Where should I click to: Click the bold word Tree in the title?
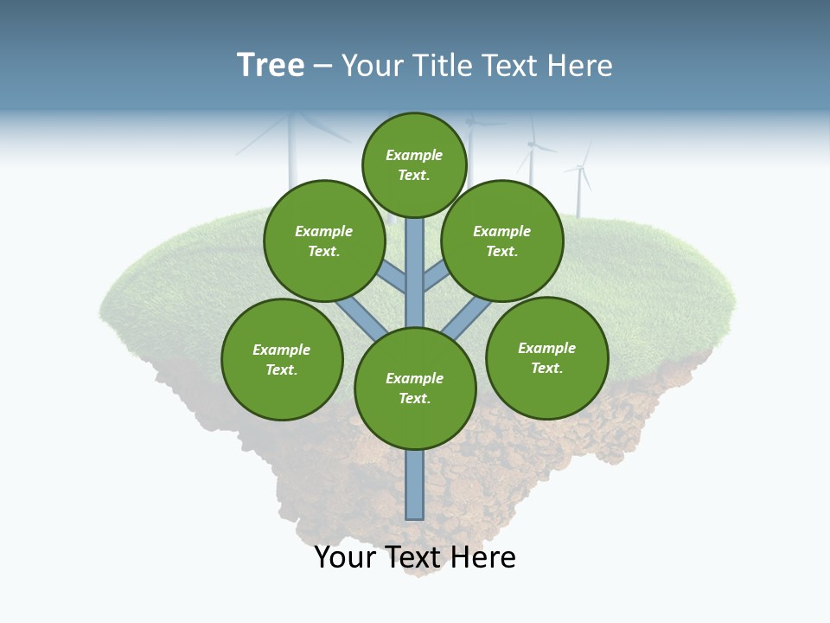click(x=271, y=66)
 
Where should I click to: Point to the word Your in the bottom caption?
click(x=345, y=557)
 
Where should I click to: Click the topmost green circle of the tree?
click(x=414, y=164)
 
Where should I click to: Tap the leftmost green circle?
click(x=282, y=359)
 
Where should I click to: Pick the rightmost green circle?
click(x=546, y=357)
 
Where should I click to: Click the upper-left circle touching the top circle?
click(x=323, y=241)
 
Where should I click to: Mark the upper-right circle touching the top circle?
click(x=501, y=241)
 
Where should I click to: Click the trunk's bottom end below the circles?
click(x=415, y=498)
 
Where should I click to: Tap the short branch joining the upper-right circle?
click(x=435, y=278)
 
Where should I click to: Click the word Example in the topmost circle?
click(x=414, y=155)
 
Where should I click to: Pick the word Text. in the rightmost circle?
click(x=546, y=368)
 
